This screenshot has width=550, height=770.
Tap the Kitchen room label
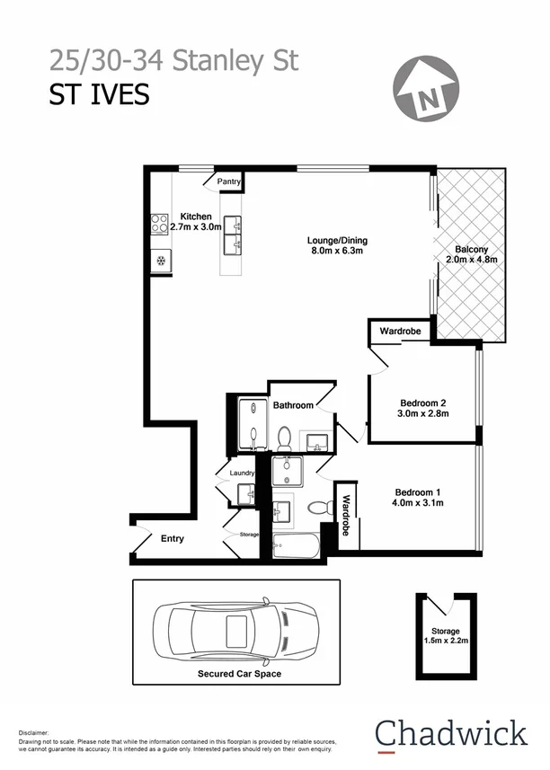pos(196,217)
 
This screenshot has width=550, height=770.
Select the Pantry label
pos(229,181)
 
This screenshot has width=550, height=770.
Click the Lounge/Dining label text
pos(337,241)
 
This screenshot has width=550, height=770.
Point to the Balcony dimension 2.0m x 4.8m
pos(471,259)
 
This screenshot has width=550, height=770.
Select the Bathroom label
pos(293,405)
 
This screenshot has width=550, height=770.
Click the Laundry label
pos(243,474)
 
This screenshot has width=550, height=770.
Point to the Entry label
pos(172,539)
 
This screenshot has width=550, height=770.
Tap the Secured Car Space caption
pos(239,673)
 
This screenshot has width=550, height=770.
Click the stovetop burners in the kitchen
pos(160,223)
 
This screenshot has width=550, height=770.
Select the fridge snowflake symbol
pos(161,261)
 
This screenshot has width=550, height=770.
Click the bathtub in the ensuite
pos(296,545)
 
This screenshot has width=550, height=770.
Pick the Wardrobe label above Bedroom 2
pos(400,332)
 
